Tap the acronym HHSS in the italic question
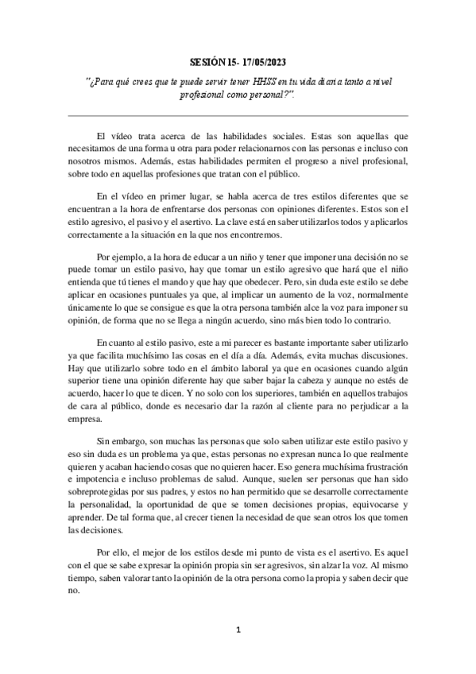pyautogui.click(x=256, y=83)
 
